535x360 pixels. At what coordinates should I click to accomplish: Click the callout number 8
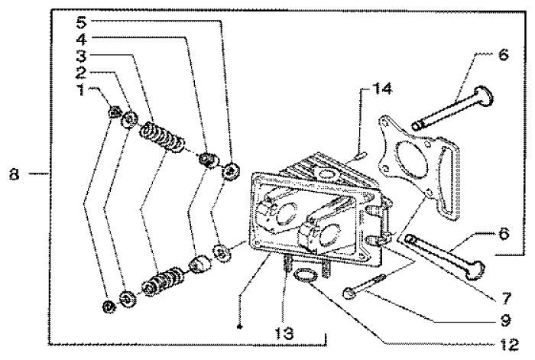click(x=14, y=176)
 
